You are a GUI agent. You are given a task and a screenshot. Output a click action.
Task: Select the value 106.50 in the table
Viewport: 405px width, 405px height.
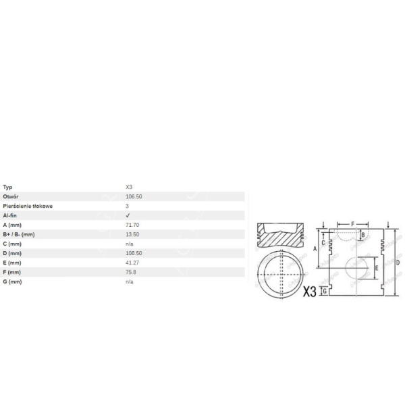(134, 196)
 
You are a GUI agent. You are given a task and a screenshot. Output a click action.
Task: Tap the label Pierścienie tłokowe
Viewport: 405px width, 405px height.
(28, 205)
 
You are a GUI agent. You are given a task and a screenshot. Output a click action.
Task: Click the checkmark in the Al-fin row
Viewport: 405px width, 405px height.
(128, 215)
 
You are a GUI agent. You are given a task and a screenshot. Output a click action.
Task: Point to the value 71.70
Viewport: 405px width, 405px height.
(132, 224)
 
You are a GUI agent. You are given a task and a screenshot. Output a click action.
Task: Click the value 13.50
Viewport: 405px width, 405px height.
(132, 234)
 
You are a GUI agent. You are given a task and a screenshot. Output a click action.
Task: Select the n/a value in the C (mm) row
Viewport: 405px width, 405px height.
(130, 243)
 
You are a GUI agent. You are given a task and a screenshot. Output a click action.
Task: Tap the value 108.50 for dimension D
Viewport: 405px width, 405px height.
(134, 252)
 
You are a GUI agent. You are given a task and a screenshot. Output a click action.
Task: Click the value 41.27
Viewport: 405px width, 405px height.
(132, 262)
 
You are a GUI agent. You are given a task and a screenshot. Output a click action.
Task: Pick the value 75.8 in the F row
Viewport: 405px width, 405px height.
(131, 271)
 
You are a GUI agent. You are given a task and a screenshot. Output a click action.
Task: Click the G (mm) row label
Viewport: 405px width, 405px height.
(12, 281)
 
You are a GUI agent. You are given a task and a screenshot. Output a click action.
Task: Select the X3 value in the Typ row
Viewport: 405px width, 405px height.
(130, 186)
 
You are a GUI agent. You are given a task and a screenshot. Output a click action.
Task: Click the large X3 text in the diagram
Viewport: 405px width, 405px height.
(309, 292)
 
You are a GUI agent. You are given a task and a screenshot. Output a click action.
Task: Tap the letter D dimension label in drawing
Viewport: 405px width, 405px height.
(398, 261)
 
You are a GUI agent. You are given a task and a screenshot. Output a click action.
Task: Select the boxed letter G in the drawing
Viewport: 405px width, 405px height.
(325, 290)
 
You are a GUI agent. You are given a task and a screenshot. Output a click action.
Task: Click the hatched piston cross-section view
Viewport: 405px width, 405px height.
(282, 236)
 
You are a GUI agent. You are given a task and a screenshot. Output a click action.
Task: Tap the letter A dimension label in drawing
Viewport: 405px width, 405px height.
(315, 248)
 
